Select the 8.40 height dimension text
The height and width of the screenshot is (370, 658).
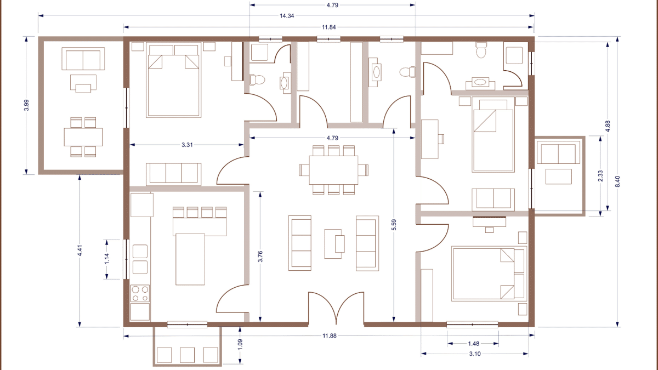(x=618, y=179)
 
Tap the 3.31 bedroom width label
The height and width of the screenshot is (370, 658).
(x=187, y=145)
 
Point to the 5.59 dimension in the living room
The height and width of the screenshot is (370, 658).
(x=394, y=224)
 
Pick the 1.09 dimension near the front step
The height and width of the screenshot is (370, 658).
(x=240, y=346)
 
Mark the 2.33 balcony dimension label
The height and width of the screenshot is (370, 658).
(x=600, y=175)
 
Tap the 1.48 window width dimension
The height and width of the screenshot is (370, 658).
(x=473, y=344)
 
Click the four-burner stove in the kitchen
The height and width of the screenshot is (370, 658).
(x=140, y=293)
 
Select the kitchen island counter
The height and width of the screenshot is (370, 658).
(x=190, y=258)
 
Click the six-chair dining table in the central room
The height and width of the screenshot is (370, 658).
(x=333, y=170)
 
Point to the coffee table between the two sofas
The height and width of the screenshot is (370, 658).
(x=335, y=243)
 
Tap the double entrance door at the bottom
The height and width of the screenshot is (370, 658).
(x=335, y=310)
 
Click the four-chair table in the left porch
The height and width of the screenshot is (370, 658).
(x=83, y=137)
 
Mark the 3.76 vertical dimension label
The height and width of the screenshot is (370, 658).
(x=260, y=257)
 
